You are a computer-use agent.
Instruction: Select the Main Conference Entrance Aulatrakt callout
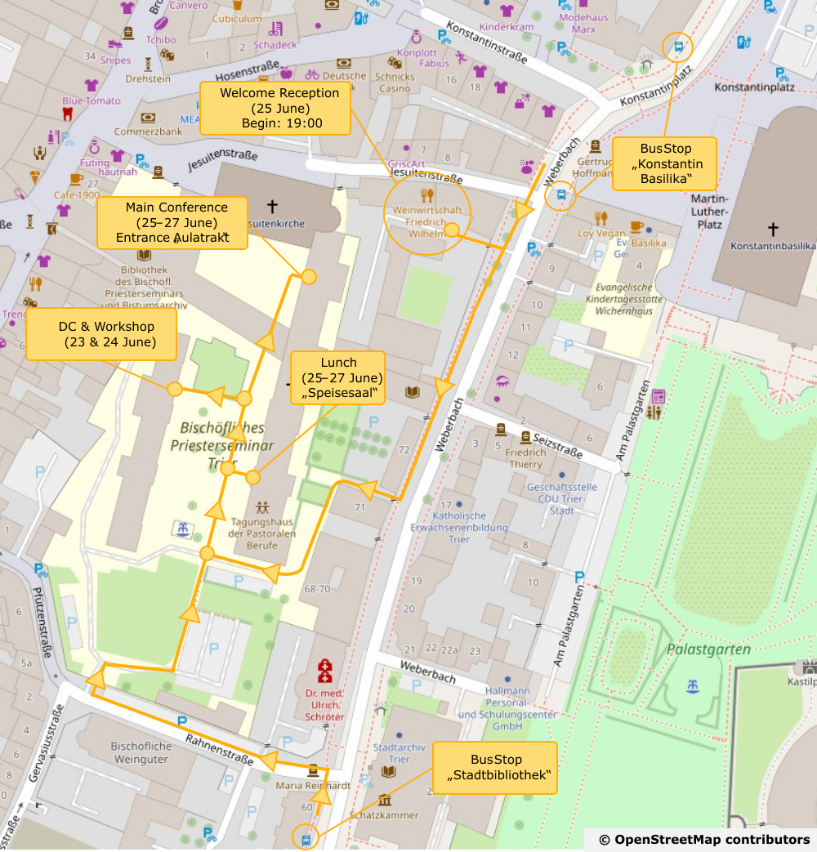coord(172,222)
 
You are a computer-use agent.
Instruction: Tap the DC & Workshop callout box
coord(101,334)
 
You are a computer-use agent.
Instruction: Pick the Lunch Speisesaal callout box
coord(338,377)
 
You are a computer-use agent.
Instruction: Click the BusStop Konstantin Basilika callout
coord(665,163)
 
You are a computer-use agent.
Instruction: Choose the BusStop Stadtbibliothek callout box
coord(495,767)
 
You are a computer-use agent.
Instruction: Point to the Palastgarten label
coord(708,649)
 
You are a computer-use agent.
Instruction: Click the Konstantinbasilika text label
coord(772,246)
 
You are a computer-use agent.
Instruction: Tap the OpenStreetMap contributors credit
coord(703,840)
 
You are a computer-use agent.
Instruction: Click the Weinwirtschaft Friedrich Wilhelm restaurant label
coord(426,221)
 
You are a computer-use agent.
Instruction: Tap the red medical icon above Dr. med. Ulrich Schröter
coord(325,671)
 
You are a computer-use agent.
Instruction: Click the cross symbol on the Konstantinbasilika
coord(772,230)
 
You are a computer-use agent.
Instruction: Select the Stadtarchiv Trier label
coord(397,753)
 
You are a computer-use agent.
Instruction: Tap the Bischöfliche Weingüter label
coord(141,752)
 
